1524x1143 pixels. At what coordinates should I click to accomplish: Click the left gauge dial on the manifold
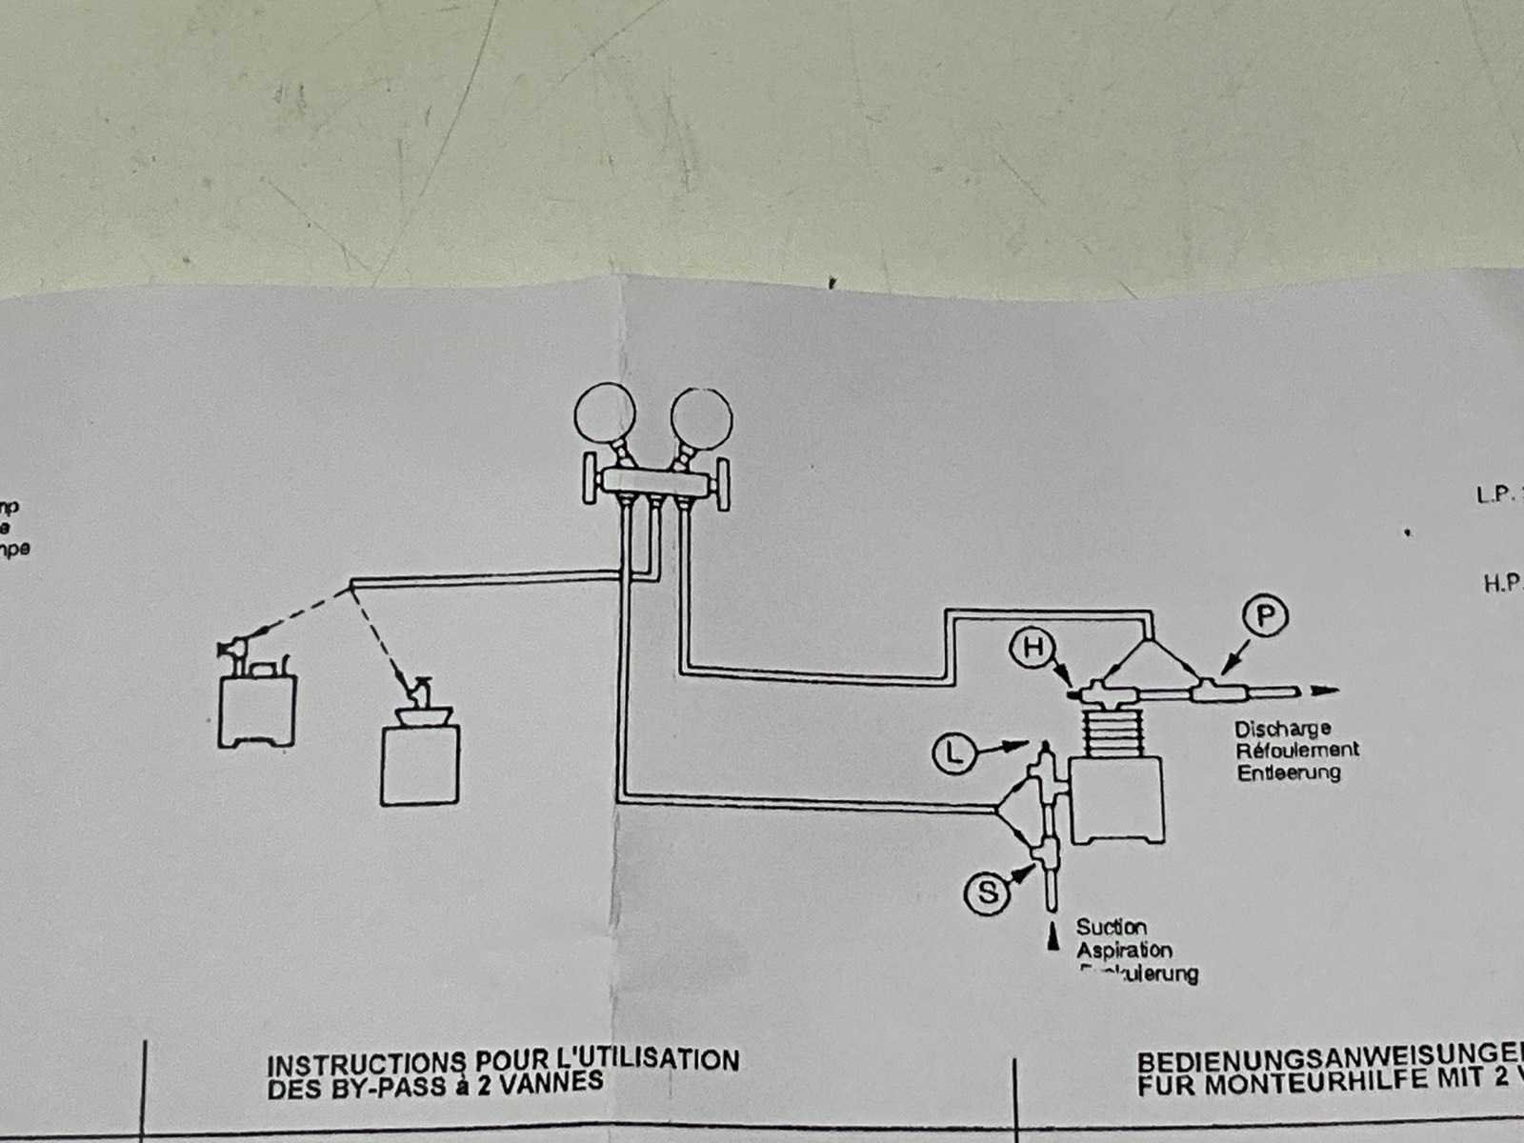coord(605,413)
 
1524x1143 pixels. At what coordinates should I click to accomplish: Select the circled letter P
coord(1265,616)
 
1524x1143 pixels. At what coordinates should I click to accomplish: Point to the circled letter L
coord(954,755)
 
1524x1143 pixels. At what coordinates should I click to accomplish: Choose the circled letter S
coord(987,892)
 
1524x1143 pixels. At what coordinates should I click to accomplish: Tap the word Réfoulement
coord(1297,750)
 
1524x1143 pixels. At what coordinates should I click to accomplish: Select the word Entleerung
coord(1289,772)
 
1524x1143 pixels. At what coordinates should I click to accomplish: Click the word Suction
coord(1112,926)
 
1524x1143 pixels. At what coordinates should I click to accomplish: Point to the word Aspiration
coord(1124,950)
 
